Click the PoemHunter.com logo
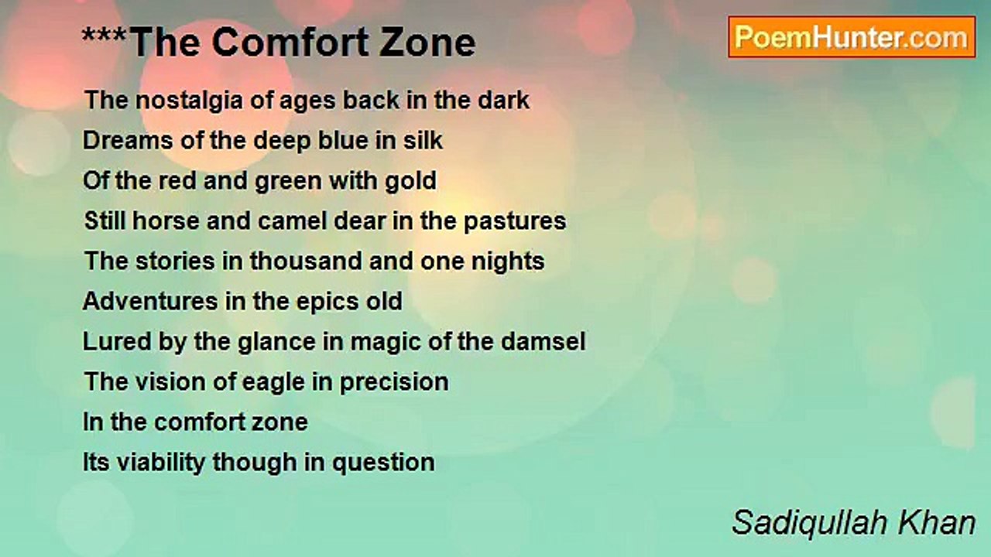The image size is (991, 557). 852,36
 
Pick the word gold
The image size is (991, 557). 410,181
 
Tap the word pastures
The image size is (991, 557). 515,221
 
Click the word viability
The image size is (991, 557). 160,463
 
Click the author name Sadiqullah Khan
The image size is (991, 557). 853,523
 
